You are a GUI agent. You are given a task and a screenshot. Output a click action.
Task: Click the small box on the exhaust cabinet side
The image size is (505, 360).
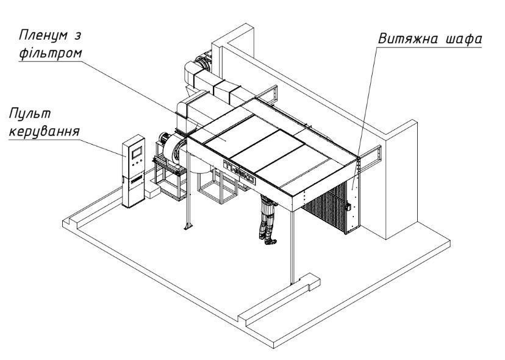[348, 207]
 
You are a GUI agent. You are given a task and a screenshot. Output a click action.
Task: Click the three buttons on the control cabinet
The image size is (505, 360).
[136, 163]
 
